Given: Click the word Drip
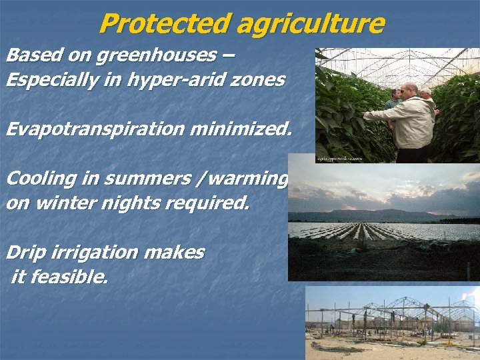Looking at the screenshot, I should (x=26, y=253).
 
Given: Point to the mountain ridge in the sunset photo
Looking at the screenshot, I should (x=373, y=215).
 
